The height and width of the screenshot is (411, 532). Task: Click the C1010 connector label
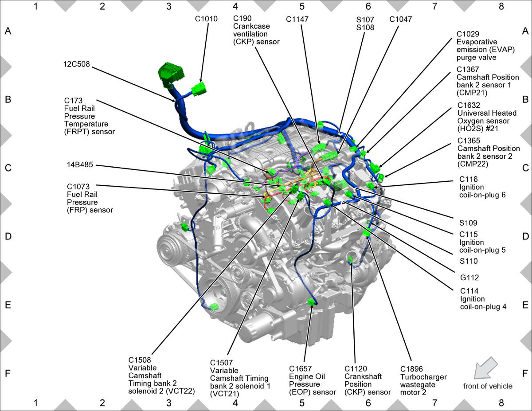[x=206, y=19]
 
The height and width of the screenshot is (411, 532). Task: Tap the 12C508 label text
[x=77, y=64]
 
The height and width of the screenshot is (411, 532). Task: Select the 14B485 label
[x=80, y=165]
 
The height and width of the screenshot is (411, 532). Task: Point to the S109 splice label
[x=468, y=223]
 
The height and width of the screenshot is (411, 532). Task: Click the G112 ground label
[x=469, y=278]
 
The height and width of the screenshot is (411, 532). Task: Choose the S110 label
[x=469, y=261]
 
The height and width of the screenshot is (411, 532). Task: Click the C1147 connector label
[x=297, y=20]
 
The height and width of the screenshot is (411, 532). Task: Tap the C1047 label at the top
[x=401, y=20]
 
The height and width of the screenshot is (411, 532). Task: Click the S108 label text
[x=365, y=27]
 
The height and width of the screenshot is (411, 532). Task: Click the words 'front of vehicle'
[x=488, y=386]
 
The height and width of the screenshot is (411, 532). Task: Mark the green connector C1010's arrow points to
[x=199, y=89]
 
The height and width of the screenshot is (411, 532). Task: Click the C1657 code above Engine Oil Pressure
[x=301, y=368]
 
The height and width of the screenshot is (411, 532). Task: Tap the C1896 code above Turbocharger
[x=411, y=369]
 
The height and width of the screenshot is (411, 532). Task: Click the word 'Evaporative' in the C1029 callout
[x=477, y=42]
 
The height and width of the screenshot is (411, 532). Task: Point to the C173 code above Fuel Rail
[x=73, y=101]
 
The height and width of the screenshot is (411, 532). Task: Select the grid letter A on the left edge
[x=8, y=31]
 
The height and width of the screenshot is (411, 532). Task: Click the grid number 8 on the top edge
[x=501, y=6]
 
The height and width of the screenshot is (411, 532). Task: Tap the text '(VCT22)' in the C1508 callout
[x=180, y=391]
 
